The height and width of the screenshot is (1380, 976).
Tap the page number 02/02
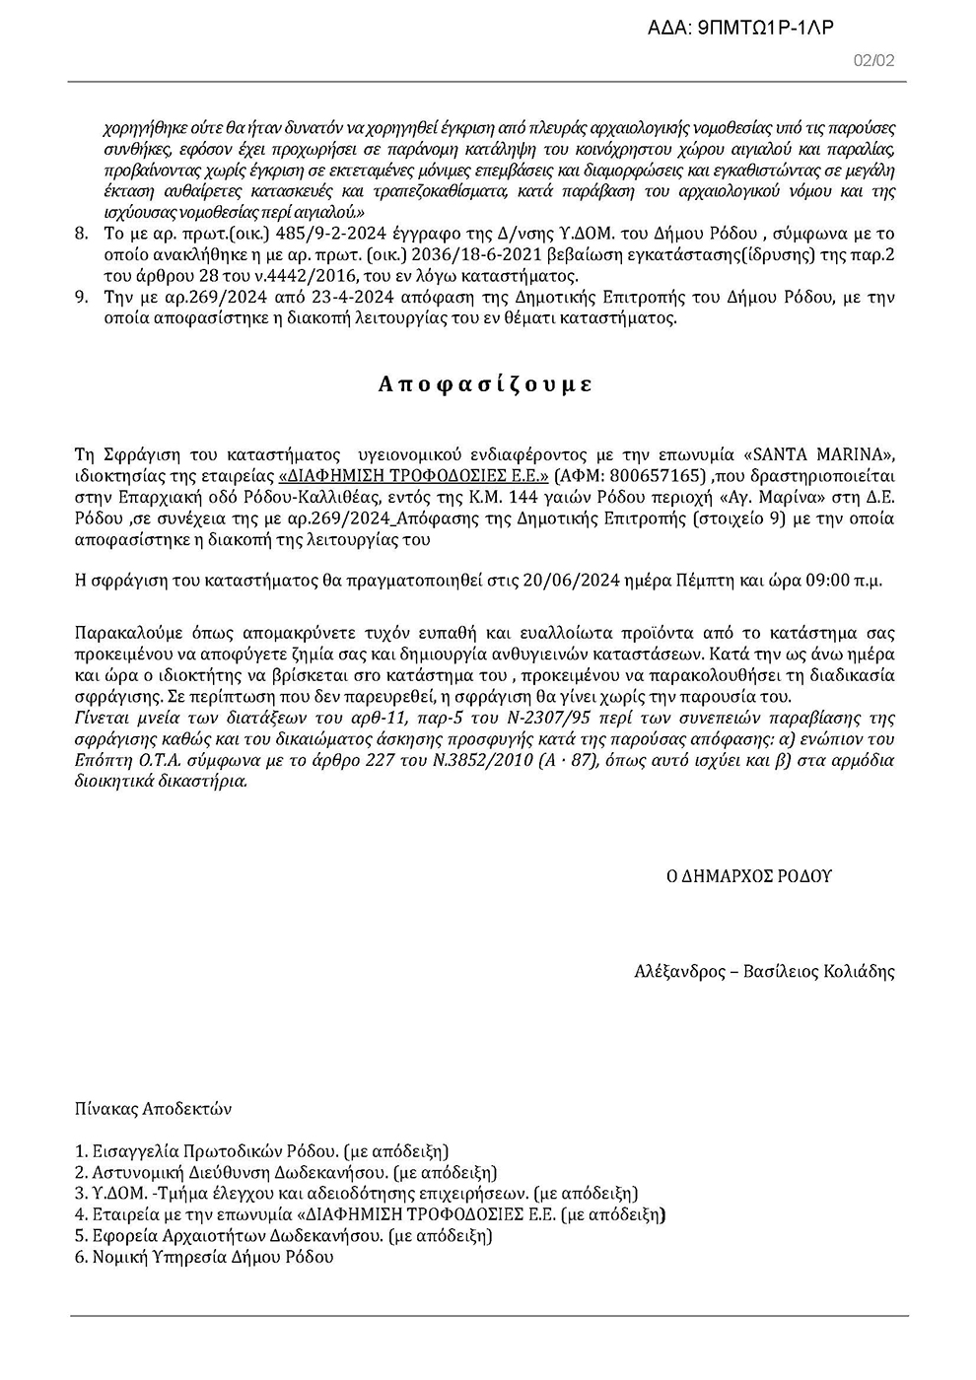pyautogui.click(x=873, y=61)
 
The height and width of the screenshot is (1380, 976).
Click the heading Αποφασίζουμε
pyautogui.click(x=485, y=384)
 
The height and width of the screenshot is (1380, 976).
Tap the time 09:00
pyautogui.click(x=827, y=580)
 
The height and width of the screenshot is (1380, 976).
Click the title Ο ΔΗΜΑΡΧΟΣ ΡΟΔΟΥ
pyautogui.click(x=749, y=875)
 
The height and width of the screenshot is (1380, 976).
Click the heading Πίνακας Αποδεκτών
pyautogui.click(x=153, y=1108)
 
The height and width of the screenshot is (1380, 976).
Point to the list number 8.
pyautogui.click(x=81, y=235)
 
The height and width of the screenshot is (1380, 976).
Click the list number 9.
pyautogui.click(x=81, y=298)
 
